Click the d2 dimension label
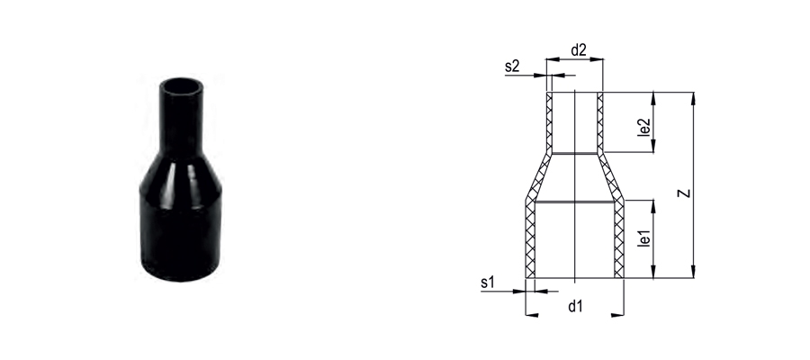point(579,50)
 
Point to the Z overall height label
point(685,193)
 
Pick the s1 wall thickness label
point(488,283)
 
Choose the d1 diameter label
point(575,306)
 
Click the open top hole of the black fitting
point(181,85)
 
